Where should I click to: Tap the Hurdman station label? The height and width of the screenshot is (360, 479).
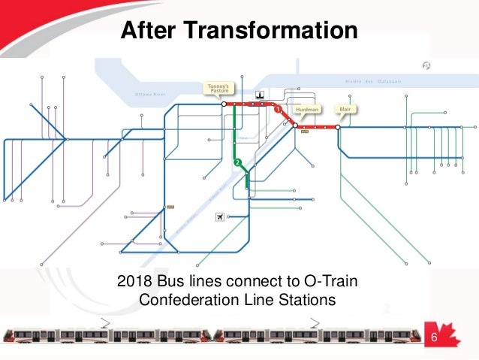308,110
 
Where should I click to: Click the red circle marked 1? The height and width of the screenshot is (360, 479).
278,110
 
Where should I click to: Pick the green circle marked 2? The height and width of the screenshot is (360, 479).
237,163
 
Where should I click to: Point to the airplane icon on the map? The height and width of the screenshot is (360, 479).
220,217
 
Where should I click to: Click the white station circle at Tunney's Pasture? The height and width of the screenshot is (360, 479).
223,104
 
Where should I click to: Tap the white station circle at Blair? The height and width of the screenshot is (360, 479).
338,128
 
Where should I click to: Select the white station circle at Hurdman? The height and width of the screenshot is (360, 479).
295,126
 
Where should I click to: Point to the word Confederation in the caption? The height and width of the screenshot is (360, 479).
191,301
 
